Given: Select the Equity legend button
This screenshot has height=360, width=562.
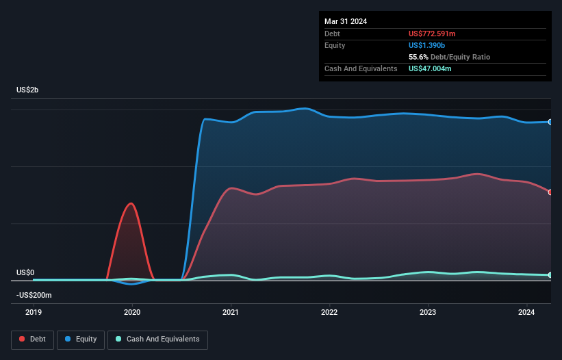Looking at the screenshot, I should [81, 339].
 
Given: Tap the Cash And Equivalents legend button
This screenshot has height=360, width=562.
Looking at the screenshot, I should [157, 339].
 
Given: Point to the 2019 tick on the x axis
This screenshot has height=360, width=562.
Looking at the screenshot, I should [34, 312].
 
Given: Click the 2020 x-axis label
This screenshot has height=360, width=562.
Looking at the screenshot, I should [132, 312].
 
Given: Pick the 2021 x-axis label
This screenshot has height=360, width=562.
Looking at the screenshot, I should [231, 312].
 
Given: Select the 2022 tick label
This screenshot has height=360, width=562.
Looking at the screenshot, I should [329, 312].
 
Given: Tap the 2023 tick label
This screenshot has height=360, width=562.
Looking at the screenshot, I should [428, 312].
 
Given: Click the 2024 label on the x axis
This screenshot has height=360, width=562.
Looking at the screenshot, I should [526, 312].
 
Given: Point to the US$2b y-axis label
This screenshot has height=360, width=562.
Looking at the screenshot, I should [27, 90].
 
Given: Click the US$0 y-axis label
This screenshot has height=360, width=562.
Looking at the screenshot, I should [25, 272].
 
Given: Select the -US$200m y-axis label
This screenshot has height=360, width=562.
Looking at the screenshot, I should [34, 295].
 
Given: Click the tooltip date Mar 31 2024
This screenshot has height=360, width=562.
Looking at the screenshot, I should [346, 21].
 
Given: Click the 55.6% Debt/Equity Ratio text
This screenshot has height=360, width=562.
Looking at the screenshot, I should [449, 57].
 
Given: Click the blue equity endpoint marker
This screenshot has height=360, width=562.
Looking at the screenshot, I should [550, 122].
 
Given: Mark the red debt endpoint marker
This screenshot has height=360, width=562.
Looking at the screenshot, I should [550, 192].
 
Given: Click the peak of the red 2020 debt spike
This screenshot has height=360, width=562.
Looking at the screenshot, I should [130, 203].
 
